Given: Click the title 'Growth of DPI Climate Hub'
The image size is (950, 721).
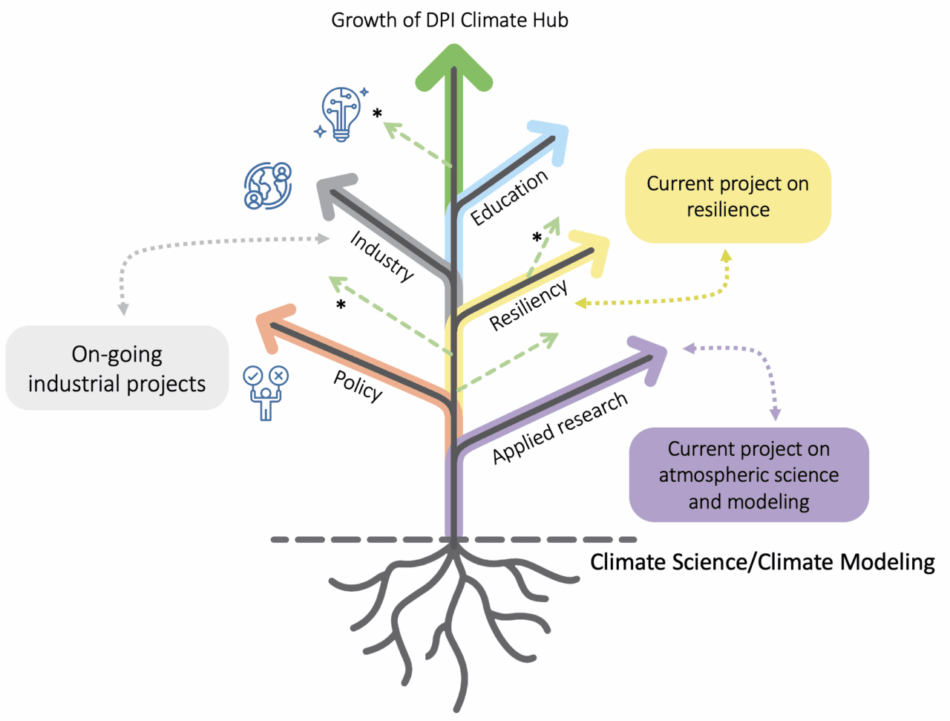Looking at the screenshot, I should (x=449, y=20).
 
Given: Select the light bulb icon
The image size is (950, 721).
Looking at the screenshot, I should (x=341, y=114).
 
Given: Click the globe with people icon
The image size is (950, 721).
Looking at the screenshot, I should (x=268, y=186).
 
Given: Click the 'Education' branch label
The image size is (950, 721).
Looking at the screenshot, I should (x=509, y=197).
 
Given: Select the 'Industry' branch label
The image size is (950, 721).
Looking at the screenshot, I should (x=381, y=255).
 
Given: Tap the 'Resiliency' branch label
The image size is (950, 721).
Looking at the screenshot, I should (x=528, y=304).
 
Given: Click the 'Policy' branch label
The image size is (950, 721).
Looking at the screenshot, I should (x=358, y=385).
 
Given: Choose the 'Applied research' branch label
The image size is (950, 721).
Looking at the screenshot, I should (x=560, y=428).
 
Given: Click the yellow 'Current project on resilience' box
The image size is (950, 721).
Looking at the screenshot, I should (x=727, y=196).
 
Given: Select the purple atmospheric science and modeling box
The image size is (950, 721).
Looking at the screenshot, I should (x=748, y=474).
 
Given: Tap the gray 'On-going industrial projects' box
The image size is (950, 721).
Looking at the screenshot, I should (x=117, y=368).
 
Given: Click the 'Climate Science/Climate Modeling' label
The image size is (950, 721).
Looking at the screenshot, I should (x=762, y=562).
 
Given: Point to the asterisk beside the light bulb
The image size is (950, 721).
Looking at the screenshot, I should (x=377, y=114).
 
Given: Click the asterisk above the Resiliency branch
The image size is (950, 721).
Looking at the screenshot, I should (x=537, y=238).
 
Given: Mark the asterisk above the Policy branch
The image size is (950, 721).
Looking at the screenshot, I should (x=341, y=305).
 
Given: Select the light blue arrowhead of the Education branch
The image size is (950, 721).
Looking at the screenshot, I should (x=553, y=138).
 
